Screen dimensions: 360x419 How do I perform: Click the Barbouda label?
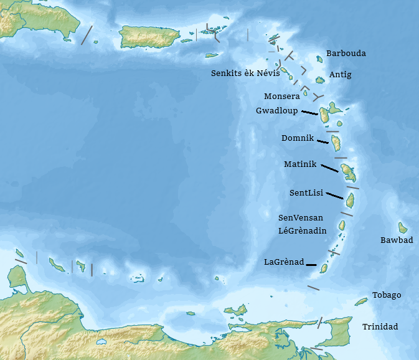346,54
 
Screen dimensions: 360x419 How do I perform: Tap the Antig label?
340,75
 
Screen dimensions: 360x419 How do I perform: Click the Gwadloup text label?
276,111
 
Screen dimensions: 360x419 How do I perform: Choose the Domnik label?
298,138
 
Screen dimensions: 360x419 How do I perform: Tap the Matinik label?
300,164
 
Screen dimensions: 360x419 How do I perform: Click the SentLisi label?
306,193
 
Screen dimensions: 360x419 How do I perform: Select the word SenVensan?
301,217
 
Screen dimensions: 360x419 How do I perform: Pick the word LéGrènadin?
302,230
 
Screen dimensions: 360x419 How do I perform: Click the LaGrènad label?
284,262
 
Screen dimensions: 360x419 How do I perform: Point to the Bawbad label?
397,240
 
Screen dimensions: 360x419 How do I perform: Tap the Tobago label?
387,295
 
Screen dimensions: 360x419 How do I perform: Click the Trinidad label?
380,327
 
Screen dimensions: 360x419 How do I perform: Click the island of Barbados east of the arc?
403,227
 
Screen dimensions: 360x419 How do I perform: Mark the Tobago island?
361,301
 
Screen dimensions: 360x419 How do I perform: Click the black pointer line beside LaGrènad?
311,265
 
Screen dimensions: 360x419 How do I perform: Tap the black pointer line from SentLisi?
334,196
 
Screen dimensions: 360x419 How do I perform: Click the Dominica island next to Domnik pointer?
336,143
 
